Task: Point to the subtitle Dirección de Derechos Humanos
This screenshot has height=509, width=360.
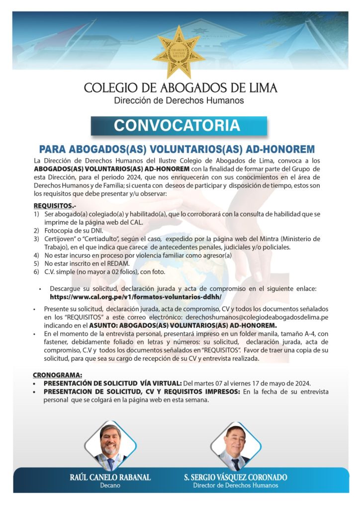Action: click(x=179, y=101)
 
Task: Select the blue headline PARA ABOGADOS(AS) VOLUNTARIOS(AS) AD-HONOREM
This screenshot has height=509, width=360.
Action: click(x=177, y=149)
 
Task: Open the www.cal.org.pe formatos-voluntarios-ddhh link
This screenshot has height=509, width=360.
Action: click(x=135, y=297)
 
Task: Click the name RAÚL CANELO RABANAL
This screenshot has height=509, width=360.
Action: click(x=110, y=478)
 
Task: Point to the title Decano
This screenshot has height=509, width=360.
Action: click(x=110, y=486)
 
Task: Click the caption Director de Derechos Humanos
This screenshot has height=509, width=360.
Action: click(x=236, y=486)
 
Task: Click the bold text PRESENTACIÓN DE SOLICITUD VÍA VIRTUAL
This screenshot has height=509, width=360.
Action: click(x=112, y=383)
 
